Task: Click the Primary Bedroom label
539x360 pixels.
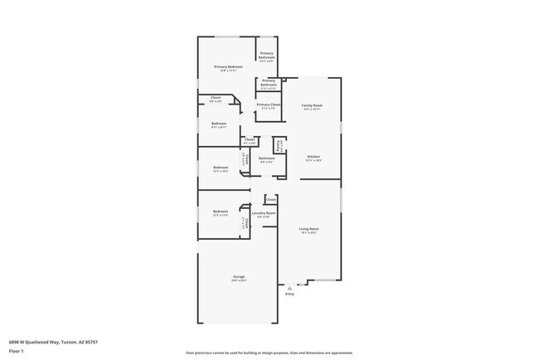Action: pyautogui.click(x=228, y=66)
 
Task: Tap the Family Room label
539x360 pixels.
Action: pyautogui.click(x=312, y=105)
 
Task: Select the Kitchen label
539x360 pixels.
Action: pyautogui.click(x=313, y=157)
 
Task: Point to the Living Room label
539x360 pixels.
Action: pyautogui.click(x=308, y=228)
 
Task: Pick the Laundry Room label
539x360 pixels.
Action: pyautogui.click(x=266, y=212)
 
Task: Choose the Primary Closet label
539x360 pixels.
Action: pyautogui.click(x=268, y=105)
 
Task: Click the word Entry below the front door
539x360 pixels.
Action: pyautogui.click(x=289, y=294)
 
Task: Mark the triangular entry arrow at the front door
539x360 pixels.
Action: pyautogui.click(x=289, y=287)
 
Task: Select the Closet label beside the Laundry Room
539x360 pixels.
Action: pyautogui.click(x=270, y=199)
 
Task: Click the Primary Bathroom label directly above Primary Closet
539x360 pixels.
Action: pyautogui.click(x=269, y=82)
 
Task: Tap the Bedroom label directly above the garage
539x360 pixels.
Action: pyautogui.click(x=220, y=212)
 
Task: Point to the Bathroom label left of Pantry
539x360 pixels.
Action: pyautogui.click(x=266, y=158)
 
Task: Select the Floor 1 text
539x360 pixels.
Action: pyautogui.click(x=17, y=351)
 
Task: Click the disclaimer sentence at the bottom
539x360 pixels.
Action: pyautogui.click(x=269, y=353)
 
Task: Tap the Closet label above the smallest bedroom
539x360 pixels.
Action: pyautogui.click(x=216, y=99)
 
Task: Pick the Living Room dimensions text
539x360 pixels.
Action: pyautogui.click(x=308, y=233)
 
